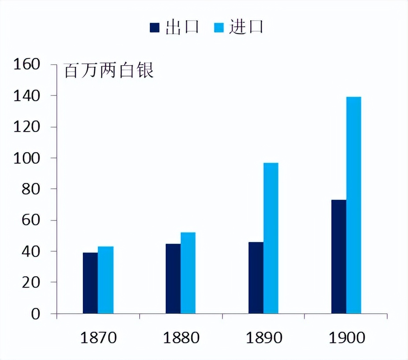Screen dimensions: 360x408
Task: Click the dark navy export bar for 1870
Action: point(90,283)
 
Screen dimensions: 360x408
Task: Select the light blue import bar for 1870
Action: point(106,280)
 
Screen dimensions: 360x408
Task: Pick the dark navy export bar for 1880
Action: point(173,279)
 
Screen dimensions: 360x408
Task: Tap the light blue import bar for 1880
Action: point(188,273)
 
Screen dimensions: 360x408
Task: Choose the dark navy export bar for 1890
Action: point(256,278)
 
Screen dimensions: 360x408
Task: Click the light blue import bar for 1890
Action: point(271,238)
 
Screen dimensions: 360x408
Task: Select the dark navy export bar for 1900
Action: point(339,257)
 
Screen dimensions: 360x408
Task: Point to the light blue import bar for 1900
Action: point(354,205)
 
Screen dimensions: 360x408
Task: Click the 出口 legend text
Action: point(182,27)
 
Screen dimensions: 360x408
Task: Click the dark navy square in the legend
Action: point(154,28)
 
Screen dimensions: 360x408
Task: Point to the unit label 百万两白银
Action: point(109,71)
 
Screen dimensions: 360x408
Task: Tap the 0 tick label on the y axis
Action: point(36,314)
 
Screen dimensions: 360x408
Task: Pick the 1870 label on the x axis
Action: point(98,338)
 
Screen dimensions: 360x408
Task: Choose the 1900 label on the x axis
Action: point(347,338)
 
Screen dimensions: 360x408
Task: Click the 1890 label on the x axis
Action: point(264,338)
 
